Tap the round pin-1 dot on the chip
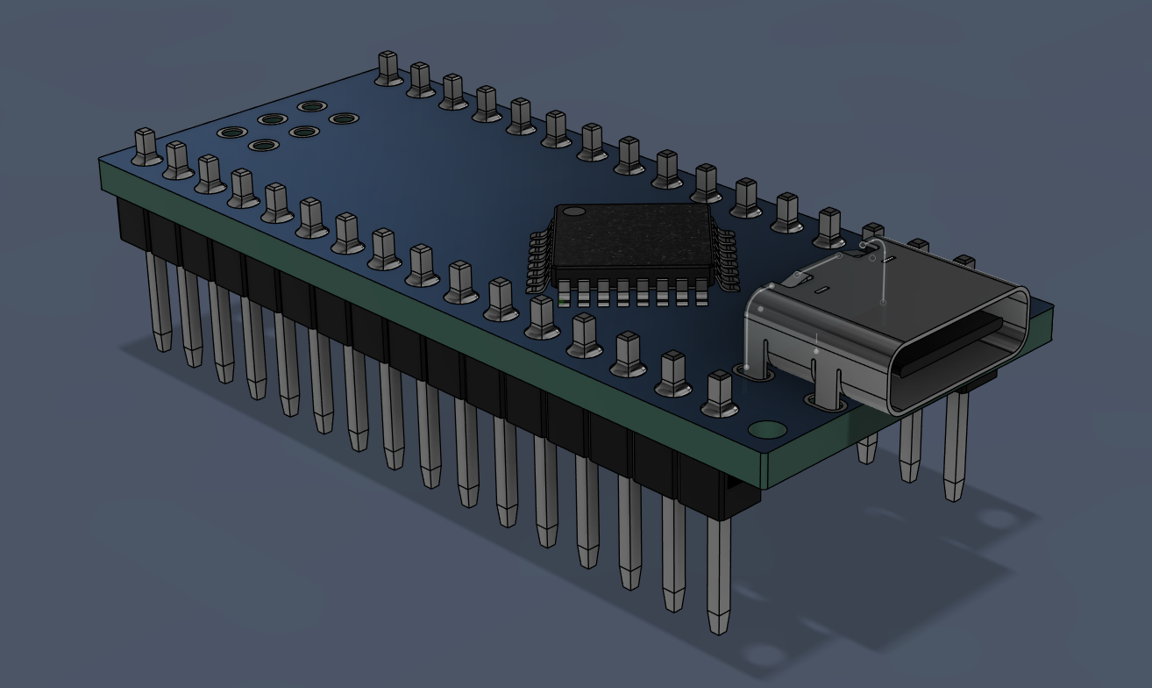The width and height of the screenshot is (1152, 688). pyautogui.click(x=573, y=211)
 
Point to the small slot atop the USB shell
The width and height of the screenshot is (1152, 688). pyautogui.click(x=821, y=289)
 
